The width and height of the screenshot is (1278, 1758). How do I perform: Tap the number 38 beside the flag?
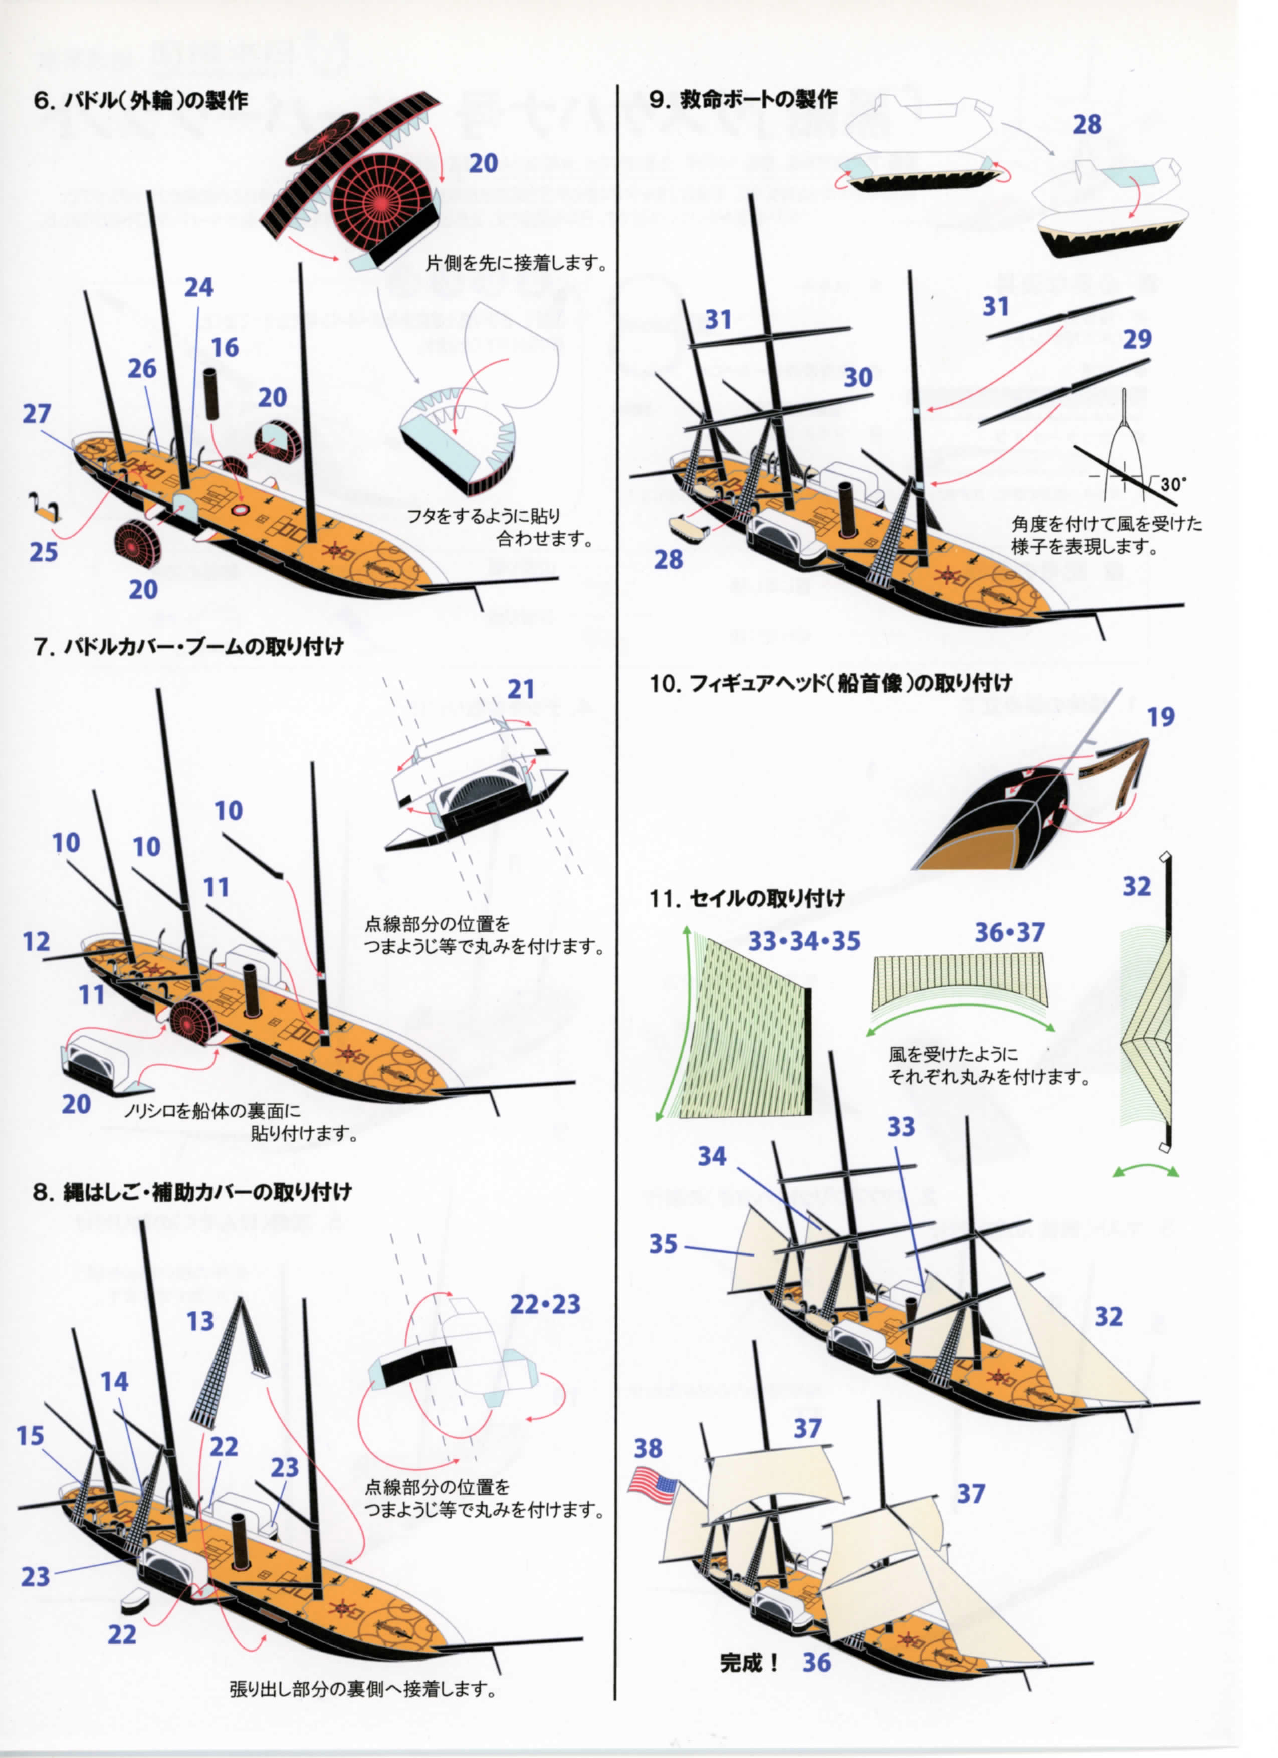649,1448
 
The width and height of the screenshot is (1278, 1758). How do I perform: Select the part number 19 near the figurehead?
1161,717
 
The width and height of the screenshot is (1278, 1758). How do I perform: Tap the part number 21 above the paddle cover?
521,689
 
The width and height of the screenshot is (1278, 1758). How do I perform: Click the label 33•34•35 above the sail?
804,941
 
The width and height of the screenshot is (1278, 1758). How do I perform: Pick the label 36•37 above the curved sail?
1010,932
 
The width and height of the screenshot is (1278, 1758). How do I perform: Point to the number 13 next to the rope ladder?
200,1321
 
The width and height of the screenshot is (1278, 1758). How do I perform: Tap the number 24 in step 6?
198,287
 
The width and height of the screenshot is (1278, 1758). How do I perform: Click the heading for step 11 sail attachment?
747,898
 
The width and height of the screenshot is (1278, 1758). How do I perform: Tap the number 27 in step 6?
37,414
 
